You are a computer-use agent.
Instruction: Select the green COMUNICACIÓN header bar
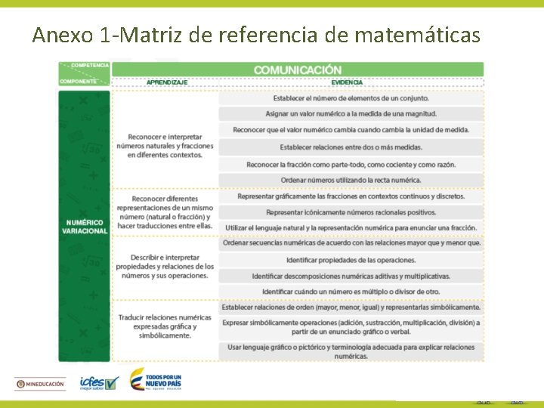[297, 70]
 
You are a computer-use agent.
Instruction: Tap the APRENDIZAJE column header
[167, 82]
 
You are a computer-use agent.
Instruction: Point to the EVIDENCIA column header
[346, 82]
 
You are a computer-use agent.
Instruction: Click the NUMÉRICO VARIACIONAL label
[85, 227]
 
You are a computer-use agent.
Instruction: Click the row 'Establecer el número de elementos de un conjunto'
[351, 98]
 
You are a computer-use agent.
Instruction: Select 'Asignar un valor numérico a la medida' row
[351, 114]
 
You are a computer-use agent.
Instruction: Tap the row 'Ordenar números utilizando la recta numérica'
[351, 181]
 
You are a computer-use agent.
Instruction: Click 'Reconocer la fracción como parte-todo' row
[351, 164]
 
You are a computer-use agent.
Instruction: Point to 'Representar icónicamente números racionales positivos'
[351, 212]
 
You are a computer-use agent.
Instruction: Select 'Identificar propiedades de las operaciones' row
[351, 260]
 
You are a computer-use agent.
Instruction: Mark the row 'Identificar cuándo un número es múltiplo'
[351, 292]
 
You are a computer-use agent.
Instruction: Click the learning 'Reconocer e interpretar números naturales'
[165, 146]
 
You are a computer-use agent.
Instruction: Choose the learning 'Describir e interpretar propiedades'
[165, 267]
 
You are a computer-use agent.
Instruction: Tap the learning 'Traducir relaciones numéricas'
[165, 326]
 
